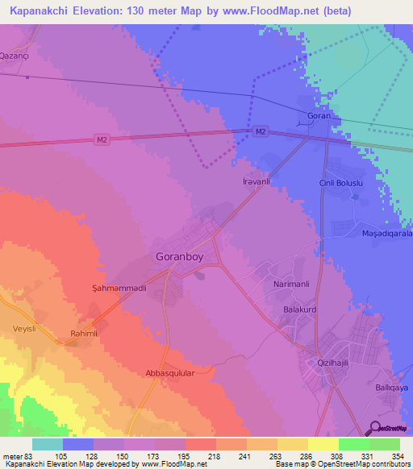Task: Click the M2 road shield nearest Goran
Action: [260, 131]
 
